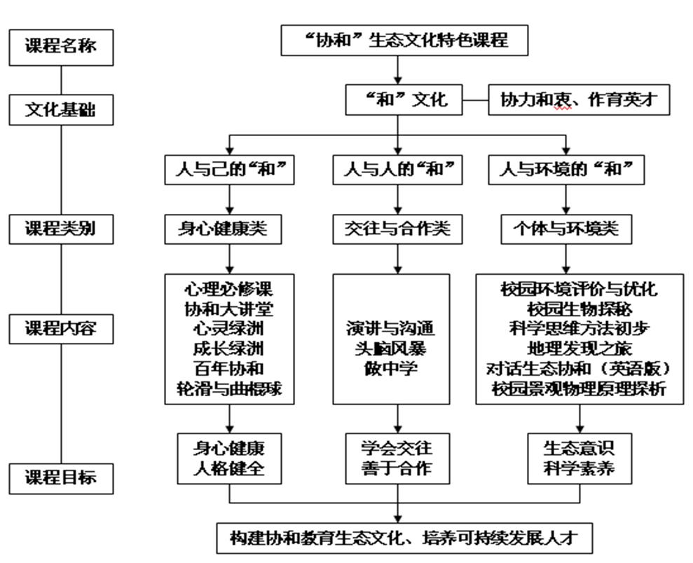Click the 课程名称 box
coord(61,47)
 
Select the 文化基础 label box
coord(61,110)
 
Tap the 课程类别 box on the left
coord(61,229)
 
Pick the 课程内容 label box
coord(61,329)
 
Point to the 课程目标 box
coord(61,478)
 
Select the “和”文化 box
coord(406,100)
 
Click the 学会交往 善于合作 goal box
coord(397,458)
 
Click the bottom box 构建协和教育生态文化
coord(406,538)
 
